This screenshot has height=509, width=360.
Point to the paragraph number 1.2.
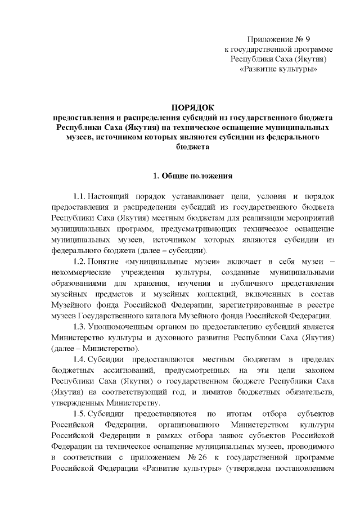coord(79,262)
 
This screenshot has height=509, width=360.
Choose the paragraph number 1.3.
coord(79,328)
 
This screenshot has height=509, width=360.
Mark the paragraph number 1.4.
coord(79,359)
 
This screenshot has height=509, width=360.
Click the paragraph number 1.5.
coord(79,413)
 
